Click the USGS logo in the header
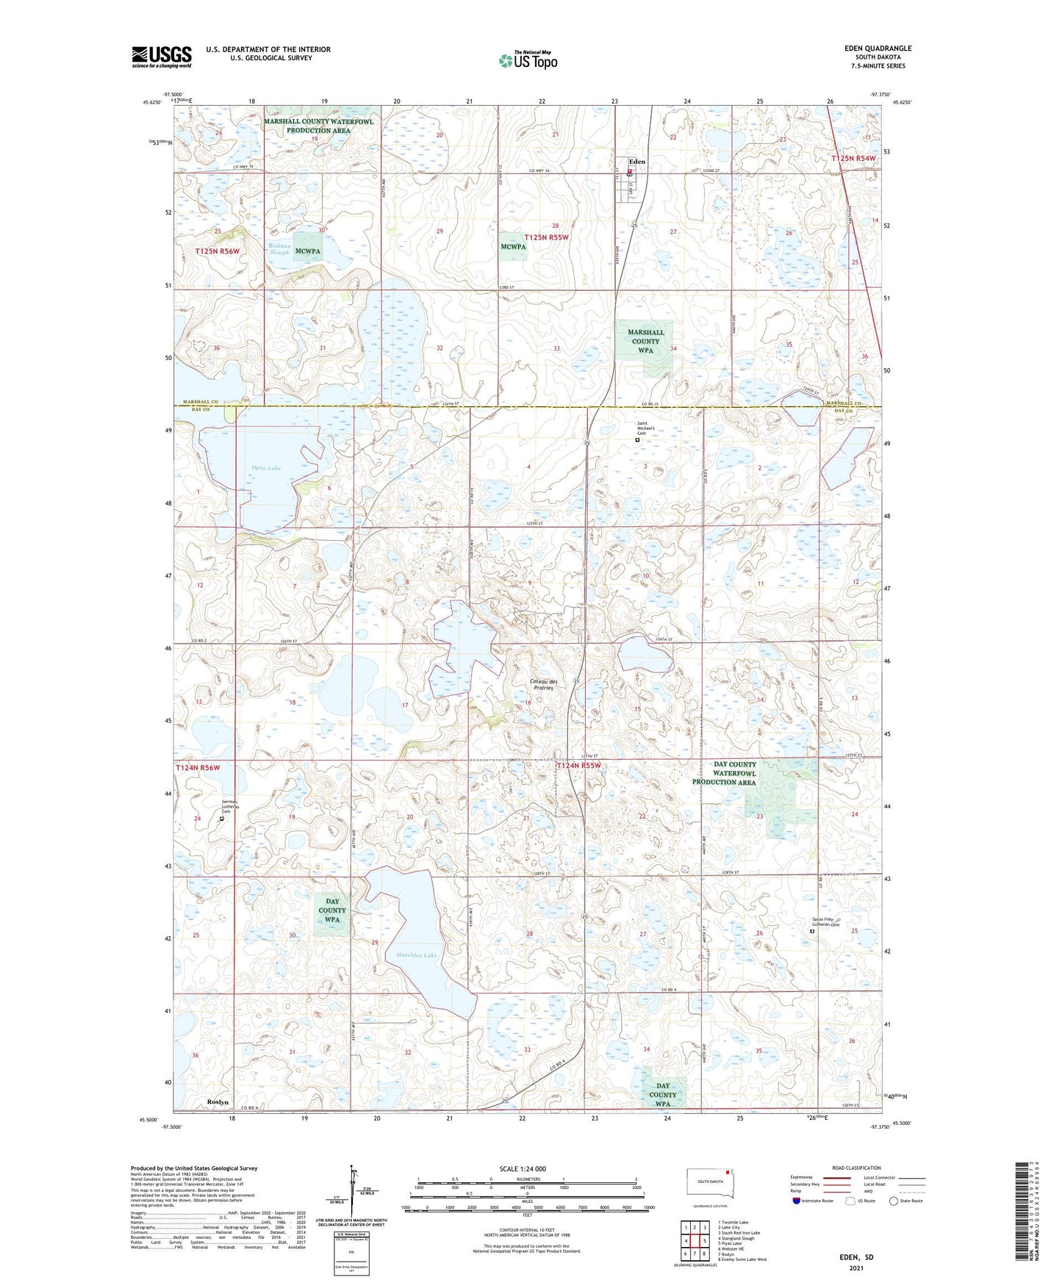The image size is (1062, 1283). tap(161, 56)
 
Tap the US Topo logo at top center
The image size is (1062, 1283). tap(528, 60)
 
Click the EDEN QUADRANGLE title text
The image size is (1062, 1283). tap(878, 48)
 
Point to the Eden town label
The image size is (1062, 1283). tap(636, 162)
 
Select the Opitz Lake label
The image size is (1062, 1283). tap(266, 468)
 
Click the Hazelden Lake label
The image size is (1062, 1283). tap(417, 955)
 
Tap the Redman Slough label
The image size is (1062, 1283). tap(279, 249)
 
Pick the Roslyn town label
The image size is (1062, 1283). tap(218, 1102)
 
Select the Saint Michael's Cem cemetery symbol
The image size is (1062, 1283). tap(637, 439)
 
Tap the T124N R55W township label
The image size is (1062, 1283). tap(578, 766)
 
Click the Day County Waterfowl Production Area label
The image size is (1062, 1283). tap(724, 773)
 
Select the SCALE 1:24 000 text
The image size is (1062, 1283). tap(522, 1168)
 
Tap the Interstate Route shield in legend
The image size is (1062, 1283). tap(798, 1201)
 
